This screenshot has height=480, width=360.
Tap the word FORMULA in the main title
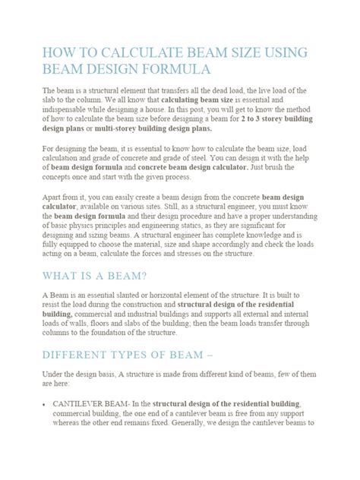tap(172, 70)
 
